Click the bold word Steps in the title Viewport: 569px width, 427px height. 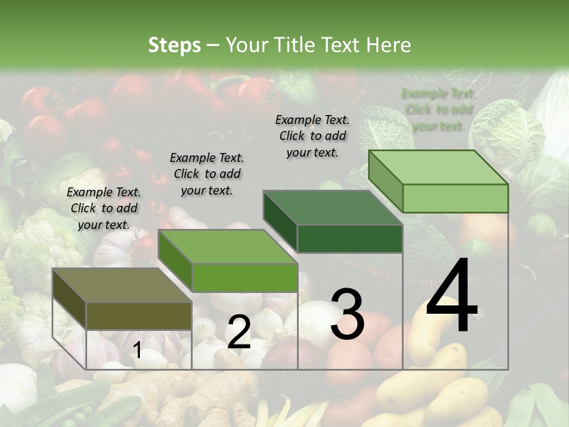click(174, 45)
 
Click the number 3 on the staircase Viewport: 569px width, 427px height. click(347, 314)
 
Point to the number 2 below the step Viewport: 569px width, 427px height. click(239, 333)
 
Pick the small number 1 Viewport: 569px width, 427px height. click(137, 350)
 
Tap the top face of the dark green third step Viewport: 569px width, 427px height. click(332, 208)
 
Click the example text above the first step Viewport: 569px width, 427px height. click(104, 208)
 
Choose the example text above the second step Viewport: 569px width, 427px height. click(207, 174)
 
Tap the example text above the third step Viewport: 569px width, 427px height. click(312, 136)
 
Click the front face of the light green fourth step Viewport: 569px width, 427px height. click(455, 198)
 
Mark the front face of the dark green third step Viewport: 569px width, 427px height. click(350, 239)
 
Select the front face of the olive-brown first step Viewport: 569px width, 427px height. click(139, 316)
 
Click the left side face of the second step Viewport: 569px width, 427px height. click(175, 261)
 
